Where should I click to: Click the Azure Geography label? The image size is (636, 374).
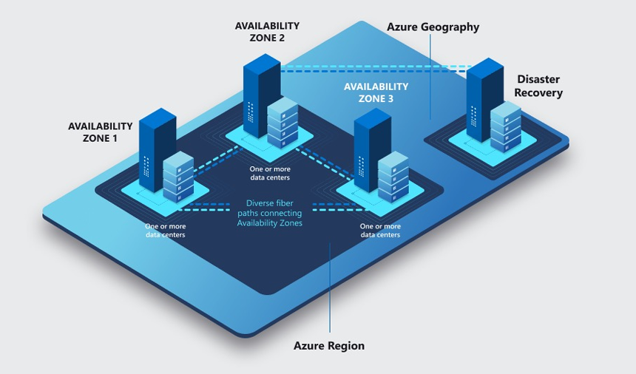pos(433,27)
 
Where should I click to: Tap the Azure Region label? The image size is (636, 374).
pos(329,345)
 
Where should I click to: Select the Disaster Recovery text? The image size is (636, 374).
pos(539,86)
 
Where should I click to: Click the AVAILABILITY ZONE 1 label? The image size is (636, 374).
pos(101,132)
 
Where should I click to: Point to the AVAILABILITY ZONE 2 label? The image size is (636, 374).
pos(267,32)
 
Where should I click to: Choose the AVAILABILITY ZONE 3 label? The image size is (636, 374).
pos(376,92)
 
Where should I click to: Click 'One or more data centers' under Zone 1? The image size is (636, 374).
pos(166,230)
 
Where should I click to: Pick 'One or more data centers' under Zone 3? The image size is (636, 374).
pos(380,230)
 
